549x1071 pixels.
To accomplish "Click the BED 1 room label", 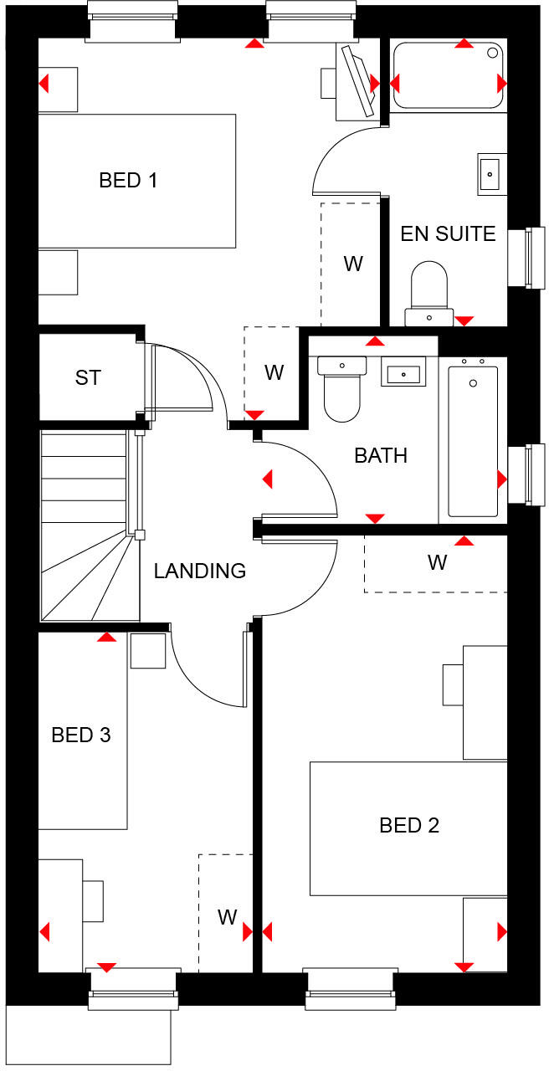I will click(128, 180).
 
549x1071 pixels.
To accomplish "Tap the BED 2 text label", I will click(409, 826).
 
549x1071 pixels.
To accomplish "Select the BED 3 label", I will click(81, 735).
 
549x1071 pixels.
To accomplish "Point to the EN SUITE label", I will click(448, 233).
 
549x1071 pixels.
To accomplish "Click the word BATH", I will click(381, 456).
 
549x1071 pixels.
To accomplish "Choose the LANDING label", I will click(200, 571).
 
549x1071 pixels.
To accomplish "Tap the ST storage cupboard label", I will click(88, 377).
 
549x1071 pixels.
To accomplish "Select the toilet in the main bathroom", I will click(341, 390).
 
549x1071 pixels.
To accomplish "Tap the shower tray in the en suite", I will click(449, 74).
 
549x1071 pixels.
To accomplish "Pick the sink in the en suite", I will click(492, 174).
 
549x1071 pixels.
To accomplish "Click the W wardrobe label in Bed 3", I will click(227, 917).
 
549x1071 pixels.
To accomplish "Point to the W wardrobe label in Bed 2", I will click(437, 563).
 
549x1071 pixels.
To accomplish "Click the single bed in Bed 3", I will click(82, 730).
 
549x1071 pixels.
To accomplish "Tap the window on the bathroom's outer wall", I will click(527, 474).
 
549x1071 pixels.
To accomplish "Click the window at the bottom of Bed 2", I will click(348, 989).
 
